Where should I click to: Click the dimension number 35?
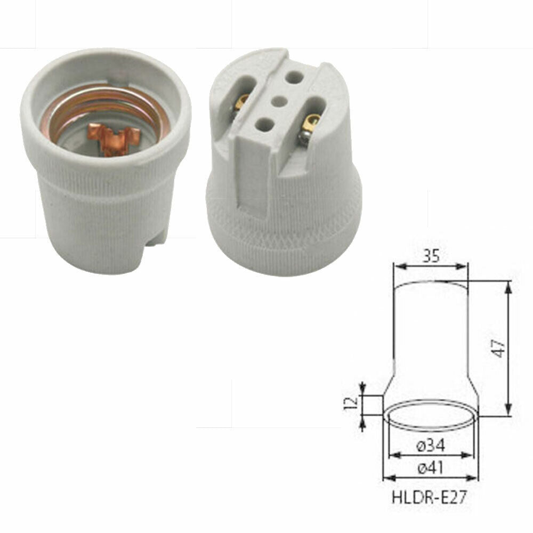[430, 257]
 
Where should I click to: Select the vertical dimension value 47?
[498, 349]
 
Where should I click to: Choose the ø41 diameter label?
[430, 468]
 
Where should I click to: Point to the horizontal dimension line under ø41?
[430, 478]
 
